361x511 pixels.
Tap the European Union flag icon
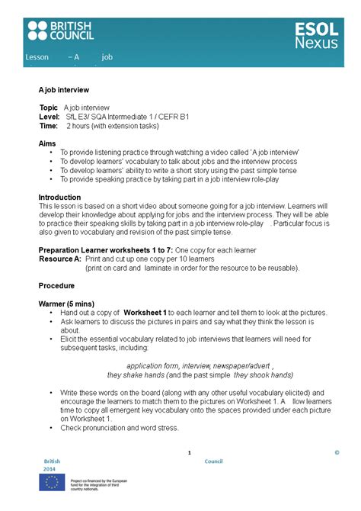pos(53,482)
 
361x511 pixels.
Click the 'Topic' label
pos(49,108)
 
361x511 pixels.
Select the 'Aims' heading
pos(46,143)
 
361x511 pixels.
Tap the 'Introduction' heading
pos(59,197)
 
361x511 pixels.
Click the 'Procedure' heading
pos(56,286)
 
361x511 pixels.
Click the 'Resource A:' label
pos(60,259)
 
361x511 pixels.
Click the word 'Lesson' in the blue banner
pos(37,57)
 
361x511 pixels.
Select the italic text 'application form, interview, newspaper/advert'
pos(200,366)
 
